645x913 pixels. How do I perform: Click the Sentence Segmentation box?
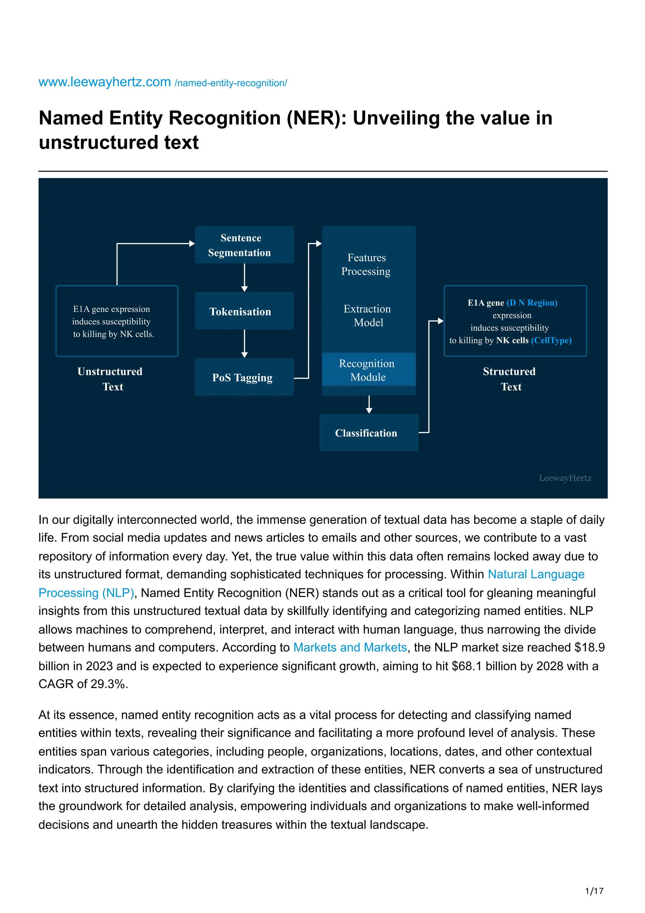click(x=244, y=245)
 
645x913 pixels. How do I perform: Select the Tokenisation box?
click(x=244, y=311)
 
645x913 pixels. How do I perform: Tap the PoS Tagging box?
click(x=244, y=377)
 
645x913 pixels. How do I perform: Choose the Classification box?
click(x=368, y=433)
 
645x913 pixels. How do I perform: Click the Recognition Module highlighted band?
click(x=368, y=370)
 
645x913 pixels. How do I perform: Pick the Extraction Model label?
click(x=368, y=315)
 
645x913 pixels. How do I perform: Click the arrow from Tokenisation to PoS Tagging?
click(x=244, y=343)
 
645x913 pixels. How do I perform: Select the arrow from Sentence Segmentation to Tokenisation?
click(x=244, y=278)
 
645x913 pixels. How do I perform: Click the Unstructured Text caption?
click(x=111, y=379)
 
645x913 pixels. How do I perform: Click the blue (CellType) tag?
click(x=551, y=340)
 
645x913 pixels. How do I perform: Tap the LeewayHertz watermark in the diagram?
click(x=565, y=478)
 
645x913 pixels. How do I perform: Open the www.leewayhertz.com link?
click(x=105, y=82)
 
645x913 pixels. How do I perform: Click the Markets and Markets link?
click(x=350, y=647)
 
